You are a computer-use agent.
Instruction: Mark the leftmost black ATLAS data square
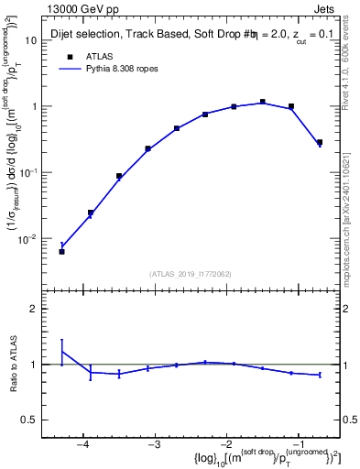tap(61, 251)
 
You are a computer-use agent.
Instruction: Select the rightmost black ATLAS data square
tap(319, 142)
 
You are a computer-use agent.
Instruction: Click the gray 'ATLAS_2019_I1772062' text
tap(190, 273)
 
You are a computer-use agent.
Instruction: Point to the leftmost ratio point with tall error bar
tap(61, 352)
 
